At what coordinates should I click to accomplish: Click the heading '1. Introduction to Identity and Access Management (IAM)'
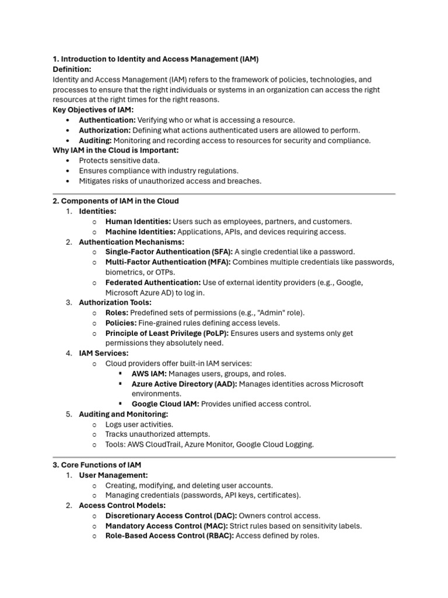coord(156,59)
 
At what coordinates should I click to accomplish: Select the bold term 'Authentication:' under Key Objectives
coord(107,120)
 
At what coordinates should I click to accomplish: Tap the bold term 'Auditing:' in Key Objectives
coord(95,140)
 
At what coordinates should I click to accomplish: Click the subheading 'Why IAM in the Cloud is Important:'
coord(116,150)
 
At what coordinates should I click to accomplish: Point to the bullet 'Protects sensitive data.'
coord(119,161)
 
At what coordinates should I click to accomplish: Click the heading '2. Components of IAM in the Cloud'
coord(116,201)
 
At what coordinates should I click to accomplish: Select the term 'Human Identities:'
coord(138,221)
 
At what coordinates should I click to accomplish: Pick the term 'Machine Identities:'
coord(142,231)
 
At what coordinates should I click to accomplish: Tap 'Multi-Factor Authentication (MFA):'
coord(168,262)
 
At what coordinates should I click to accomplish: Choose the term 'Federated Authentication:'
coord(153,282)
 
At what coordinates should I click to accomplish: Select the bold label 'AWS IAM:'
coord(149,373)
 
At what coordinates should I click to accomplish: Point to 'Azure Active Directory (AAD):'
coord(184,384)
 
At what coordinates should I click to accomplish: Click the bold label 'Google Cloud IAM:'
coord(165,404)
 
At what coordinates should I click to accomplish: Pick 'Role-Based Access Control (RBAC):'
coord(170,536)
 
